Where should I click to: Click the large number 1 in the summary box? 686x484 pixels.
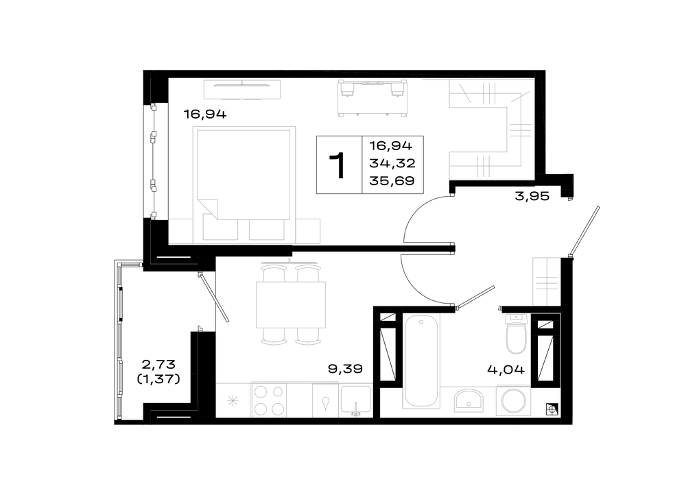[x=338, y=165]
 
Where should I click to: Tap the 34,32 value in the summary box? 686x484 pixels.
[x=392, y=164]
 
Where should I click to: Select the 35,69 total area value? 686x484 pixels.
[x=392, y=180]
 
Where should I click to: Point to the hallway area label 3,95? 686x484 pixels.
[x=532, y=196]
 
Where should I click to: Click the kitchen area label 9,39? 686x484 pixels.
[x=345, y=369]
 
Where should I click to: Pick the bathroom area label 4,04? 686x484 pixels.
[x=506, y=370]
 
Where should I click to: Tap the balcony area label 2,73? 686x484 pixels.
[x=158, y=364]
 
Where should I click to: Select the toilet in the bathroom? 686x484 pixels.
[x=517, y=334]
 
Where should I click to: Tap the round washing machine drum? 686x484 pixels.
[x=513, y=401]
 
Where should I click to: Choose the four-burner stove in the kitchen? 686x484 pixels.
[x=269, y=400]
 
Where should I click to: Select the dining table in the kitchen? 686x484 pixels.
[x=291, y=305]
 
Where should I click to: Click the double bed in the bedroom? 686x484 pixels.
[x=244, y=173]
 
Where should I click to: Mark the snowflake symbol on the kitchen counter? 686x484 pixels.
[x=233, y=400]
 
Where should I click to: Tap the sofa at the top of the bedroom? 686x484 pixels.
[x=372, y=98]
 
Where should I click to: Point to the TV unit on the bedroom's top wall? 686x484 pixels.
[x=242, y=90]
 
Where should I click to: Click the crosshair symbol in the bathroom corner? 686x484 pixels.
[x=552, y=409]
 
